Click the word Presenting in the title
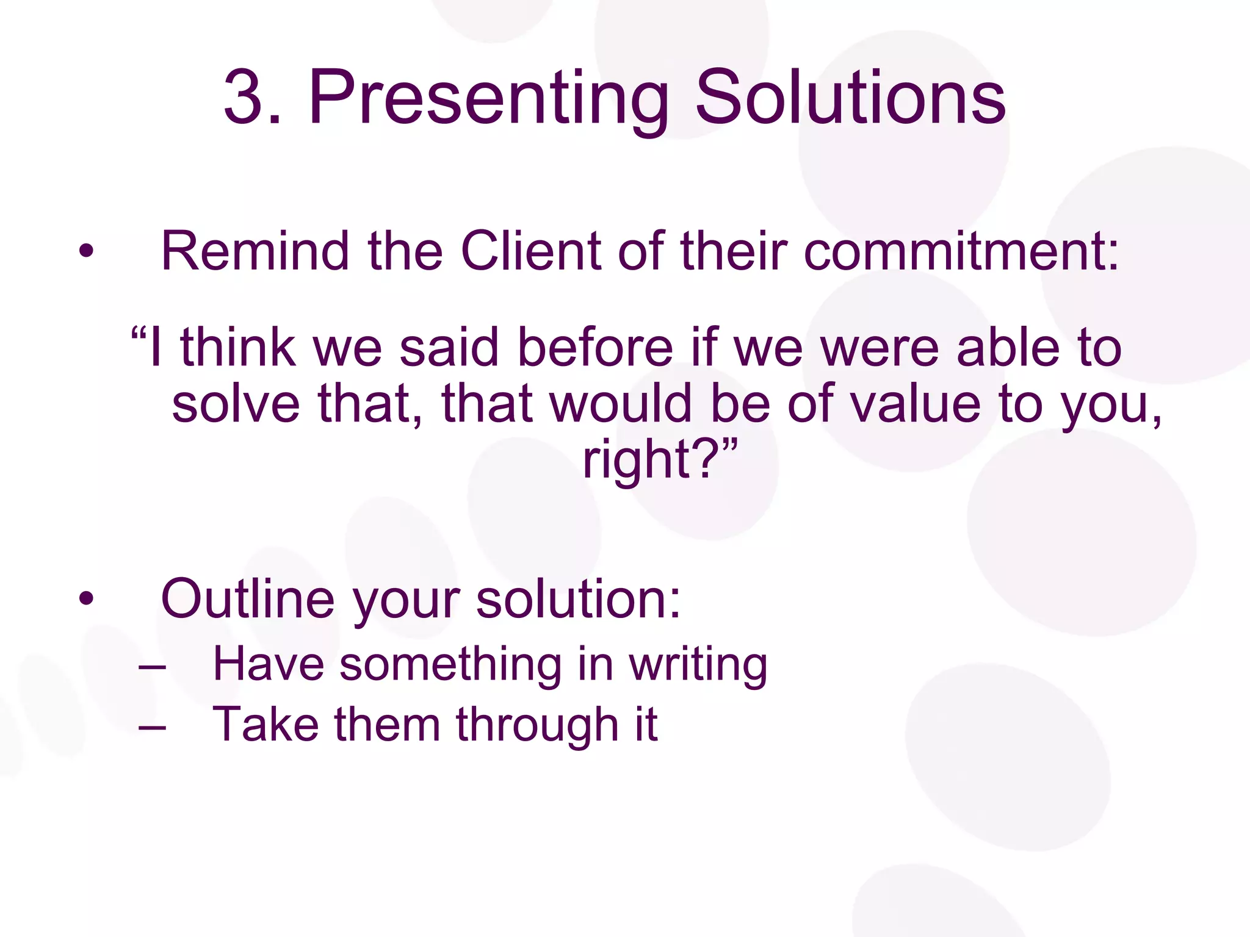tap(488, 98)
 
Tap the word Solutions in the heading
tap(850, 98)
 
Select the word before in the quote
tap(594, 347)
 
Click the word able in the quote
tap(1008, 347)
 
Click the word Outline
tap(247, 599)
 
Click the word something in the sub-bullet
tap(450, 665)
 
